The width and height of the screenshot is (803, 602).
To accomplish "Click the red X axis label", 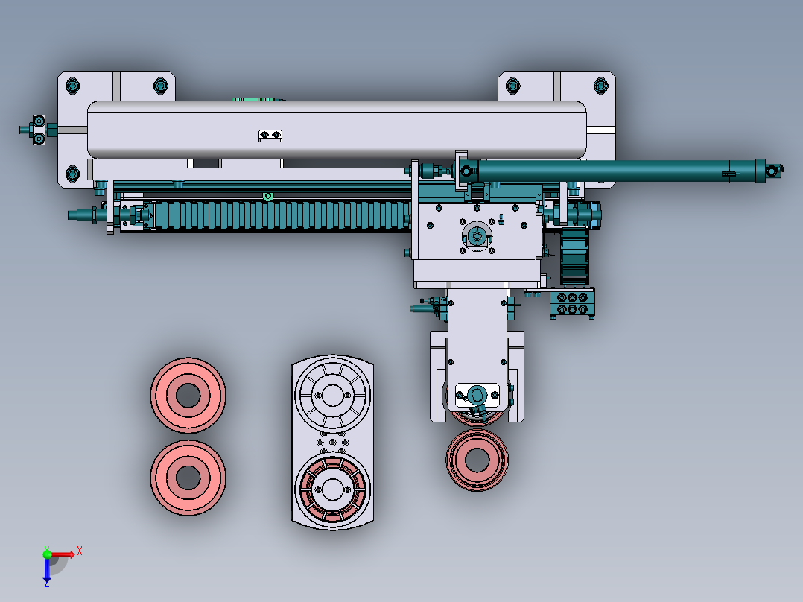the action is [x=80, y=551].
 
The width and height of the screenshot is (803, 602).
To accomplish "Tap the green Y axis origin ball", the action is [x=47, y=554].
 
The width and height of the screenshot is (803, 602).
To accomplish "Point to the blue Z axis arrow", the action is [x=47, y=571].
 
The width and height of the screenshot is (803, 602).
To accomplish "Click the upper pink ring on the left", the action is [x=188, y=395].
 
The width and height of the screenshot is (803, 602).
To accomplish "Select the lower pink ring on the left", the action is [x=188, y=478].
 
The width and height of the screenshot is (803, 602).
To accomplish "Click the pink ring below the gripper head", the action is [x=477, y=460].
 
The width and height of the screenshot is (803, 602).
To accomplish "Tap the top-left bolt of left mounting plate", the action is [x=72, y=86].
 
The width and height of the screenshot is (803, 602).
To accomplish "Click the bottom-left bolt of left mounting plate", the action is [x=72, y=174].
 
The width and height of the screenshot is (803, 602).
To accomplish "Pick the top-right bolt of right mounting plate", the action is [x=600, y=86].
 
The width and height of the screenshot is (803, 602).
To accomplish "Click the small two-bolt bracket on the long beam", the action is [x=270, y=136].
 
